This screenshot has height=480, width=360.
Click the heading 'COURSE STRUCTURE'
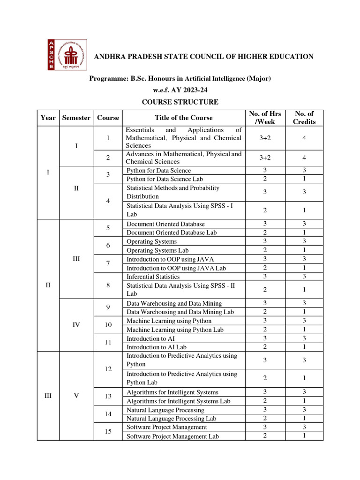coord(180,102)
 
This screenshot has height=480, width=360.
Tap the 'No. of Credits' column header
coord(304,118)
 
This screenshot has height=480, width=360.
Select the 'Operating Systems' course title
coord(152,241)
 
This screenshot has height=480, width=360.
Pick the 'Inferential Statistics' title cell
coord(153,277)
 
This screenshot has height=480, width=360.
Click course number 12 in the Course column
coord(108,369)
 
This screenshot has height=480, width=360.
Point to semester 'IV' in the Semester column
coord(76,325)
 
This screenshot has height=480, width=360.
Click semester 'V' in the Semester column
coord(76,396)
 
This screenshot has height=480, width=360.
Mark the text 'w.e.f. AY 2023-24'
coord(180,90)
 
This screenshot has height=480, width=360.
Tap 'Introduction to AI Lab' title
coord(157,347)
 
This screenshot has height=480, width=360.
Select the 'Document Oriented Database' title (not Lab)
coord(165,224)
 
